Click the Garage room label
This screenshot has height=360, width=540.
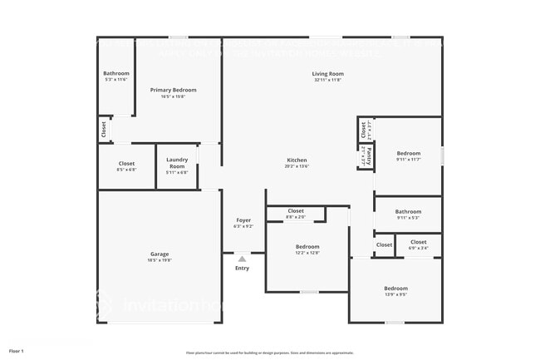pos(160,254)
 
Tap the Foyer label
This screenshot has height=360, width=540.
pos(243,219)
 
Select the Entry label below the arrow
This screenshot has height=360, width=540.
pos(242,268)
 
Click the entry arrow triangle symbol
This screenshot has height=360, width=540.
pos(242,259)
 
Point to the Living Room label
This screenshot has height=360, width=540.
pos(328,74)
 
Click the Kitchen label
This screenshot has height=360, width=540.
pos(297,160)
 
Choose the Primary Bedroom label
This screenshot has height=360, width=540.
pos(173,89)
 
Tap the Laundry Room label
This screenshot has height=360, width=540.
pos(176,163)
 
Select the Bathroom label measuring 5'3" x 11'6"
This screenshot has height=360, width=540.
pos(116,73)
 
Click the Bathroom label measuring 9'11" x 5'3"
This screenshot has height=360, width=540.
pos(408,211)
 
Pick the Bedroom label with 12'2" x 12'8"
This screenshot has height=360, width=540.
pos(307,246)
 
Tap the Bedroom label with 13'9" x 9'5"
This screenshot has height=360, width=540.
pos(395,288)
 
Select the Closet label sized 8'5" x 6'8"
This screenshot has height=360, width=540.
pos(126,163)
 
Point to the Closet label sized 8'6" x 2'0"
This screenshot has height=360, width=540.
pos(296,211)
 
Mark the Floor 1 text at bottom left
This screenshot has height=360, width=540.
pos(17,351)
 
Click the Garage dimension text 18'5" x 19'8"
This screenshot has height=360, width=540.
pos(160,260)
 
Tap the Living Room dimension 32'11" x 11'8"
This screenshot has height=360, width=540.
pos(328,80)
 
